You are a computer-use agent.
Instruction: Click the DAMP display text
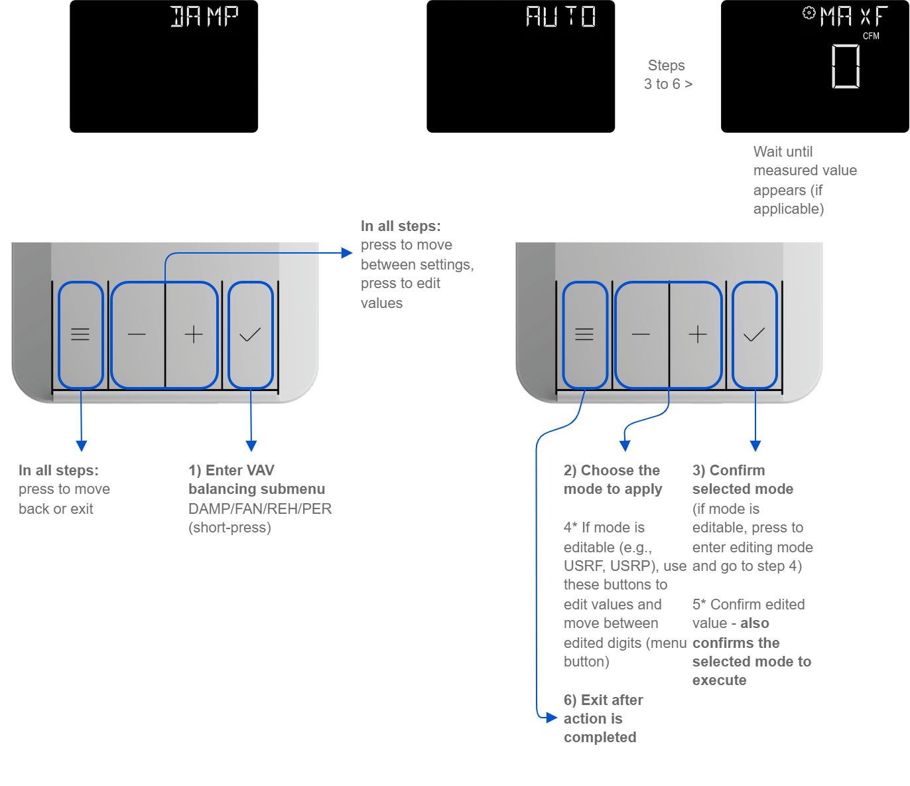pos(204,17)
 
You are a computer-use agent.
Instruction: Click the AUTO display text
pos(560,17)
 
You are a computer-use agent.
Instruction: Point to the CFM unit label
pos(871,36)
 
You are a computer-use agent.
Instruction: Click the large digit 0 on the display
pos(846,66)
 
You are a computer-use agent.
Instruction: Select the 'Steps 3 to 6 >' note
pos(667,74)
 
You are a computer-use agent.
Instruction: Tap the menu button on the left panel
pos(80,335)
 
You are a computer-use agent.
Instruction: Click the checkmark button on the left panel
pos(250,335)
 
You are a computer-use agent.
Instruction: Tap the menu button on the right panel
pos(584,335)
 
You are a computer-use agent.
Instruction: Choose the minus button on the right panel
pos(641,335)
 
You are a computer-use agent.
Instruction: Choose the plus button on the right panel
pos(697,335)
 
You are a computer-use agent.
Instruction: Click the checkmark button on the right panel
pos(754,335)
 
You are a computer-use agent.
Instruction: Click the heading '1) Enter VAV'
pos(231,470)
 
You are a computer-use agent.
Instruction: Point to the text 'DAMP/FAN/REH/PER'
pos(260,509)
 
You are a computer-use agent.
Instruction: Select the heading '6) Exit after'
pos(603,700)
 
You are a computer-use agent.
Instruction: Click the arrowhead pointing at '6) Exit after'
pos(551,718)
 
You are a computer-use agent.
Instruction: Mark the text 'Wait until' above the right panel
pos(783,151)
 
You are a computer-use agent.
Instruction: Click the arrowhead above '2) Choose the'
pos(625,445)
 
